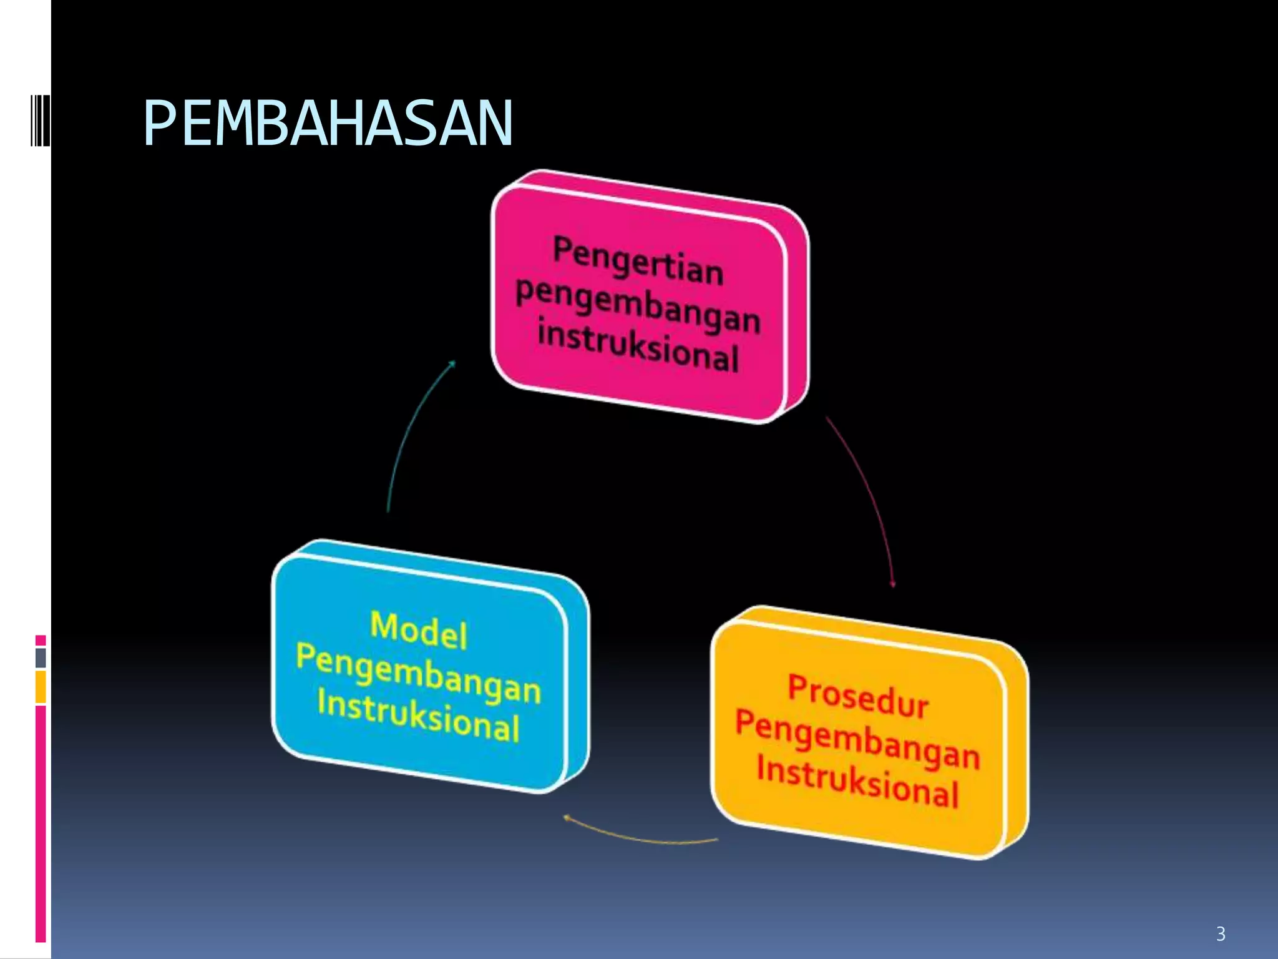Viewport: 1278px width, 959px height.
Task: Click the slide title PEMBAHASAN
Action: click(x=328, y=124)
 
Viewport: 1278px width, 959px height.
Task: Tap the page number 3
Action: click(x=1220, y=934)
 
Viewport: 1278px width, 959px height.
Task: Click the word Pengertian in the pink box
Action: click(x=638, y=261)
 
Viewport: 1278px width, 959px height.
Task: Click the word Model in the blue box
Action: click(x=418, y=631)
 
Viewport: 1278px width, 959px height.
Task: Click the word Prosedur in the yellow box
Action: click(x=858, y=696)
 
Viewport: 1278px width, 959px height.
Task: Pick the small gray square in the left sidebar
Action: click(x=41, y=657)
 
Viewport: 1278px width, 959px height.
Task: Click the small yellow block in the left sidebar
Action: click(x=41, y=687)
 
